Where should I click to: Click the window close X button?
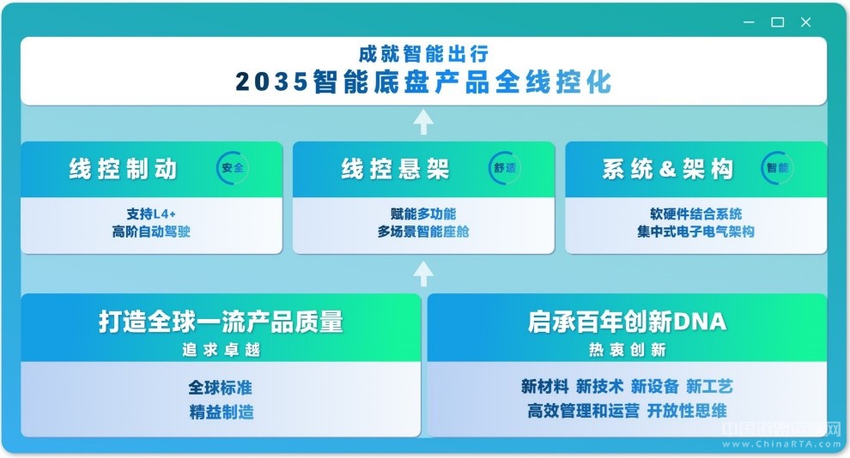pyautogui.click(x=805, y=22)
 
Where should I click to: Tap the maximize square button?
pyautogui.click(x=777, y=22)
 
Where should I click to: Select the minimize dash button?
pyautogui.click(x=750, y=22)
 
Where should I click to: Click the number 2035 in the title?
pyautogui.click(x=272, y=82)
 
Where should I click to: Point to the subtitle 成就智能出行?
pyautogui.click(x=424, y=53)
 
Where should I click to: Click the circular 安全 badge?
pyautogui.click(x=233, y=168)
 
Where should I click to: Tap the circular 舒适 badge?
pyautogui.click(x=505, y=168)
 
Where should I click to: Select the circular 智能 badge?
pyautogui.click(x=777, y=168)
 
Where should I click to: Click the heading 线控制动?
pyautogui.click(x=123, y=169)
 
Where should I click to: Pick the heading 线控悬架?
pyautogui.click(x=395, y=169)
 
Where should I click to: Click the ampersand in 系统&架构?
pyautogui.click(x=667, y=170)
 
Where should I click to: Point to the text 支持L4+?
pyautogui.click(x=151, y=214)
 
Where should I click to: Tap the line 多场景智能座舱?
pyautogui.click(x=423, y=232)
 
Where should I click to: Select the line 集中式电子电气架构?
pyautogui.click(x=695, y=232)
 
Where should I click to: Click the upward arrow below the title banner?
pyautogui.click(x=423, y=123)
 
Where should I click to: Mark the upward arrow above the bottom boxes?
pyautogui.click(x=423, y=274)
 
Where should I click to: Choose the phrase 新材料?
pyautogui.click(x=545, y=387)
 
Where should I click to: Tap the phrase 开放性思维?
pyautogui.click(x=687, y=411)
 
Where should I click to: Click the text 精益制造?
pyautogui.click(x=222, y=413)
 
